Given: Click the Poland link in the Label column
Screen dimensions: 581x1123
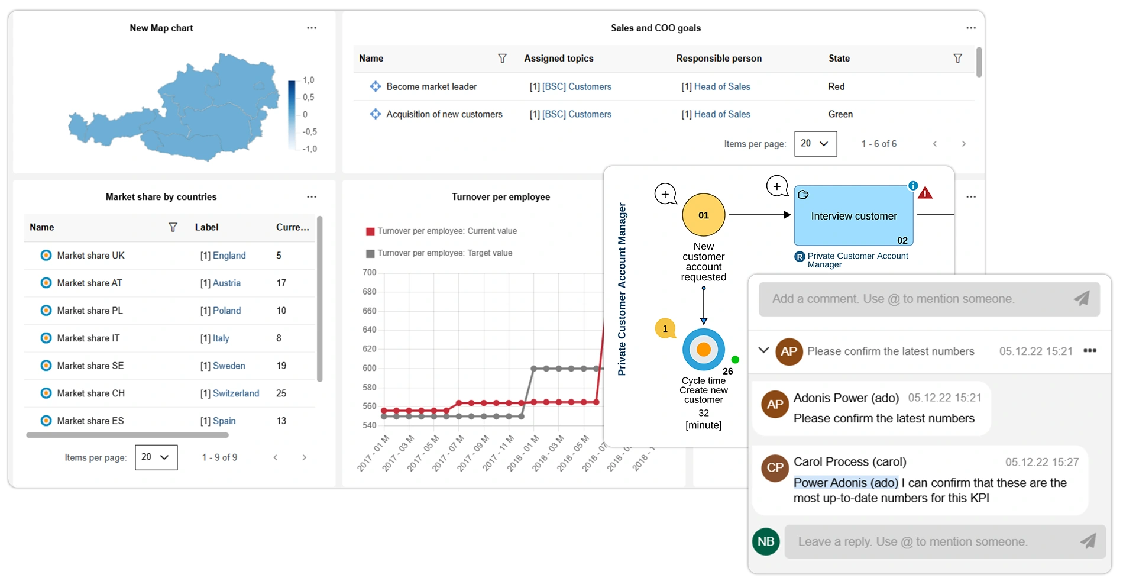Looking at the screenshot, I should (x=226, y=311).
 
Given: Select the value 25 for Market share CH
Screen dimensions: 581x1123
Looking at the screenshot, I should (x=281, y=393).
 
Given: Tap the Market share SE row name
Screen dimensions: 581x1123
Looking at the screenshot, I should (x=90, y=366).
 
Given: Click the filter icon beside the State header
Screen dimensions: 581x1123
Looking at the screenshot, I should (x=957, y=59).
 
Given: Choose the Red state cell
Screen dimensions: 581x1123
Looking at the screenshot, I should (x=836, y=86).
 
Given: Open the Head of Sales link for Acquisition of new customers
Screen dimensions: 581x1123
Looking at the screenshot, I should (x=721, y=114).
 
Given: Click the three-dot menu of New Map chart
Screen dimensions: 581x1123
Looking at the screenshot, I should (x=312, y=28).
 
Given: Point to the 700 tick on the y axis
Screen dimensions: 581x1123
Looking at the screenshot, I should (x=369, y=272).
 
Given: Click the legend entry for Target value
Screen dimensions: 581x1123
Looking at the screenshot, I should (x=445, y=253).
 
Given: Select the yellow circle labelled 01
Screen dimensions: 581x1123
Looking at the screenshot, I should (x=703, y=215).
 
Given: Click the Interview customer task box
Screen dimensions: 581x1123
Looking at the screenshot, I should (x=853, y=216).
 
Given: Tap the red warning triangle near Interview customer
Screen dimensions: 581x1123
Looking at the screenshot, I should (x=925, y=193).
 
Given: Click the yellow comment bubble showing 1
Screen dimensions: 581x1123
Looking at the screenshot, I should (x=665, y=329).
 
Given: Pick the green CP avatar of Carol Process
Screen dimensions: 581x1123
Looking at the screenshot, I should (x=775, y=467).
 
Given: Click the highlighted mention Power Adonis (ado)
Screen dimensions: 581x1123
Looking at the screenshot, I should (x=846, y=483).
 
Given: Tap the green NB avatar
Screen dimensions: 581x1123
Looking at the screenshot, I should (x=766, y=541).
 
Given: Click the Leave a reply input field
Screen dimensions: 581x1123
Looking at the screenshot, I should (x=934, y=541).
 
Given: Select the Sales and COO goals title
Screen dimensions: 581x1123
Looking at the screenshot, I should (x=656, y=28).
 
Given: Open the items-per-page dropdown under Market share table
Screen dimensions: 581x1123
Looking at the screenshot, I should (x=156, y=457).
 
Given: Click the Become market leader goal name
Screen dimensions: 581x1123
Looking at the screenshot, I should (x=431, y=86).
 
